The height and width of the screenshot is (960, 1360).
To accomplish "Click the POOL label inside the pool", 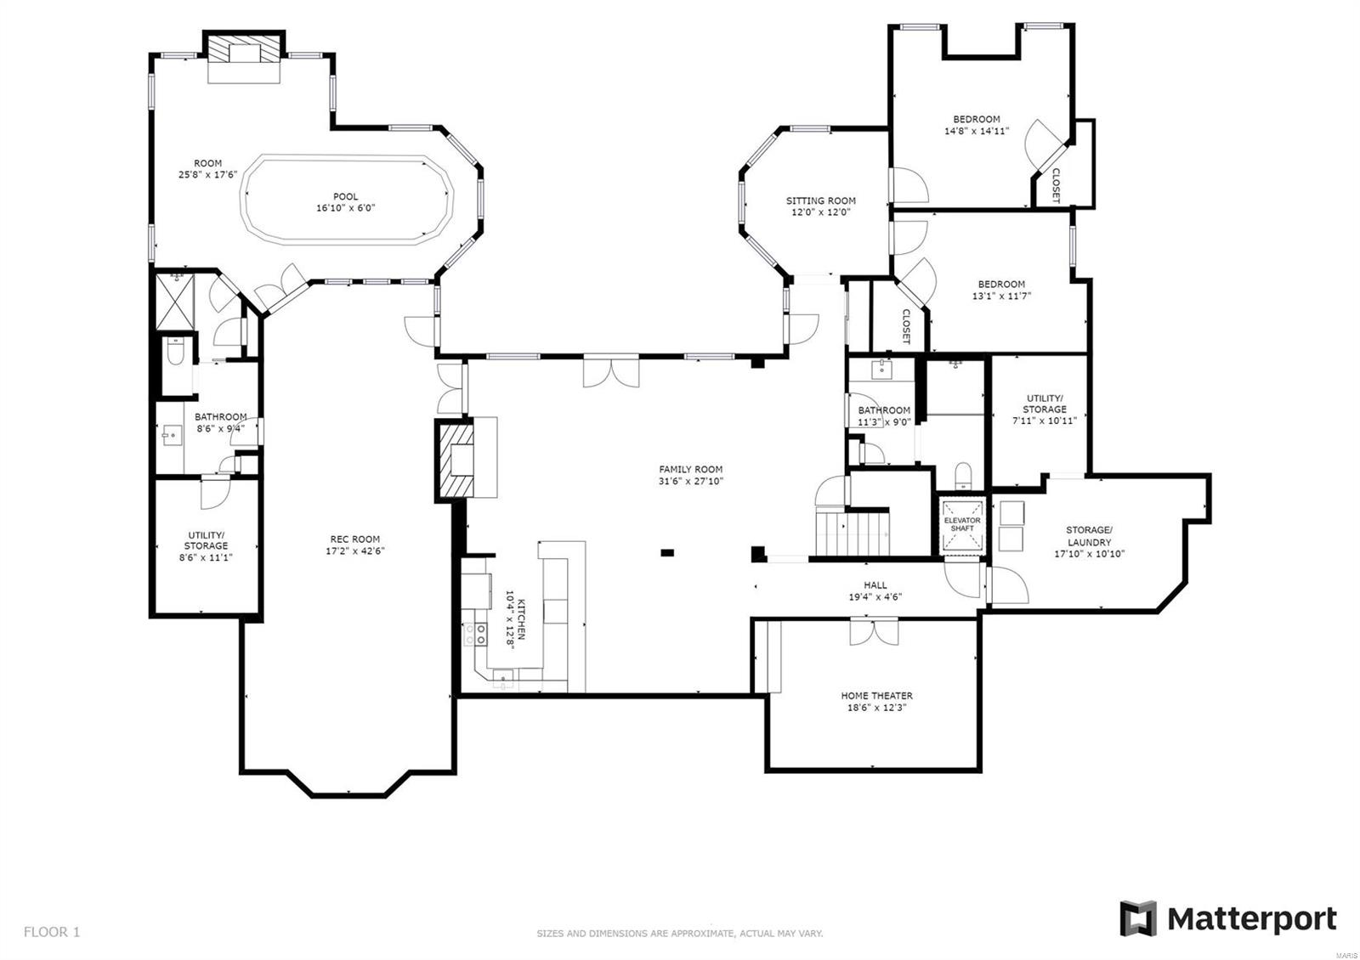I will tap(345, 197).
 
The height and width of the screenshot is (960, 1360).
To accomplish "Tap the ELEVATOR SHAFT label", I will tap(962, 524).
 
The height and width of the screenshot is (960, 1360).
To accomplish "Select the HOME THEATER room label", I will tap(876, 696).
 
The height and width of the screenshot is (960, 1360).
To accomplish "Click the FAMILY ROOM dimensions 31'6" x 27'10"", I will tap(690, 482).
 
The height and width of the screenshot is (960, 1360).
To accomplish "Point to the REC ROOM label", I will tap(354, 539).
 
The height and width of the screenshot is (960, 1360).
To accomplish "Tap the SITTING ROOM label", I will tap(820, 201).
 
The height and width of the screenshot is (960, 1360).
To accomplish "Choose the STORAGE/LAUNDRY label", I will tap(1089, 536).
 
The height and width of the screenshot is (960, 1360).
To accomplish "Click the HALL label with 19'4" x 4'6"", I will tap(875, 584).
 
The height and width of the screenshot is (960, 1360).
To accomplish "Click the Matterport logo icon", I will tap(1137, 918).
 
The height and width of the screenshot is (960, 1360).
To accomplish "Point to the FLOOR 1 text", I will tap(52, 932).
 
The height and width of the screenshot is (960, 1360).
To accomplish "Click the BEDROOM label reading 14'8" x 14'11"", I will tap(976, 120).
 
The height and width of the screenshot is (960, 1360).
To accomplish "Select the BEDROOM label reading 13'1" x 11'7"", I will tap(1000, 285).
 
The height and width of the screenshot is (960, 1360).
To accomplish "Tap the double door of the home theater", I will tap(873, 631).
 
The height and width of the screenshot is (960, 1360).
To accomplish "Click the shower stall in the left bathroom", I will tap(174, 302).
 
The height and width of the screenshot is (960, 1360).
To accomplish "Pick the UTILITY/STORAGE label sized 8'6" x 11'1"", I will tap(206, 540).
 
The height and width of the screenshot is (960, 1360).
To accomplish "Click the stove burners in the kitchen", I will tap(475, 632).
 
